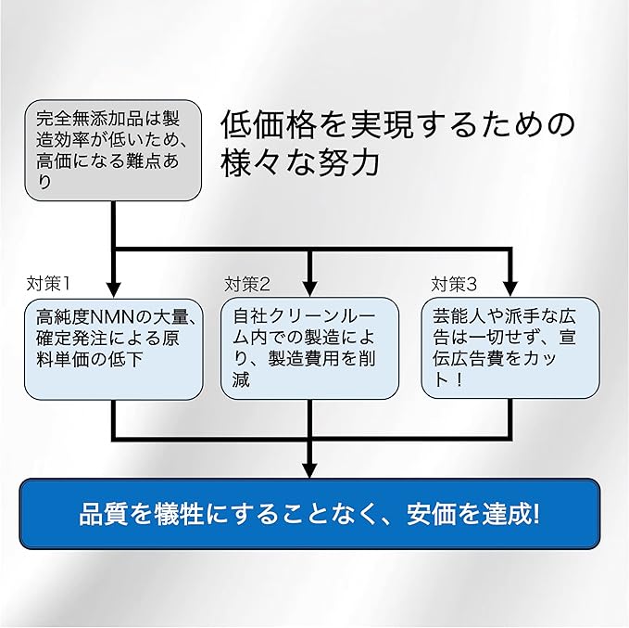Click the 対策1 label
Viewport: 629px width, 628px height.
coord(48,284)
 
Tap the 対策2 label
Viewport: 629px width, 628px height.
coord(247,285)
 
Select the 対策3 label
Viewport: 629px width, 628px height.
coord(454,285)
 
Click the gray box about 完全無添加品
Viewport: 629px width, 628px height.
coord(113,150)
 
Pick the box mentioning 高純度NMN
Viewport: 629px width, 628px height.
coord(114,349)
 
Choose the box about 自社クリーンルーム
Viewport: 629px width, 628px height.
coord(309,349)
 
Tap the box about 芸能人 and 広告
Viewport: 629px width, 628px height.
coord(510,348)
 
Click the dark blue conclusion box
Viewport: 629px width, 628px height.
coord(309,514)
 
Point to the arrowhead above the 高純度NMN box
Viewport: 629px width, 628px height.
coord(114,289)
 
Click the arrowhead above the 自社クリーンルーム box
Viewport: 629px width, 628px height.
coord(309,288)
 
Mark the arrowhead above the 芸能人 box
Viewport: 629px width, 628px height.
coord(509,288)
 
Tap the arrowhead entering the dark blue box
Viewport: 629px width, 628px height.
coord(309,470)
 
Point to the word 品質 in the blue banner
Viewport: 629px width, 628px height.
coord(103,514)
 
